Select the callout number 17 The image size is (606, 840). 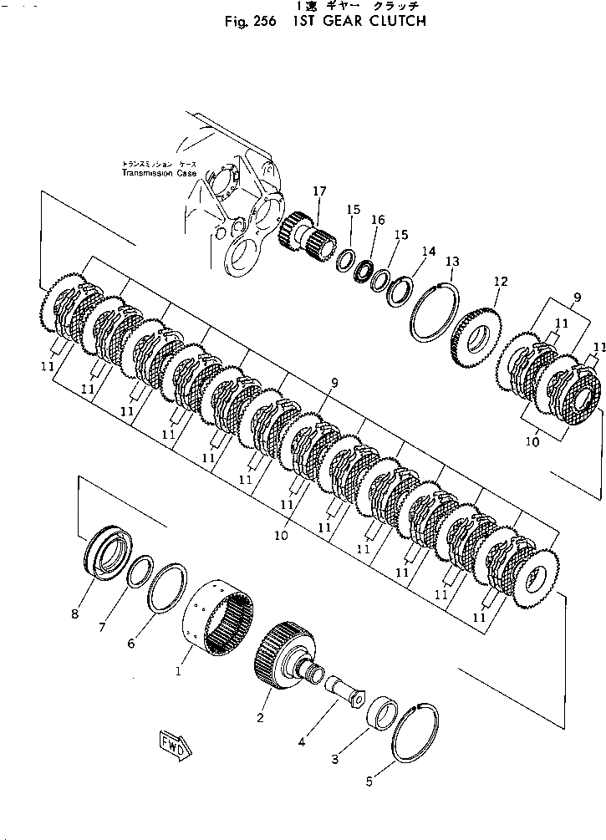[319, 191]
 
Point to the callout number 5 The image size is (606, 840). [369, 782]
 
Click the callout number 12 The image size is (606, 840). [501, 281]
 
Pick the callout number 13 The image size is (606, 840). [452, 262]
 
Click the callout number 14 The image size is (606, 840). [428, 251]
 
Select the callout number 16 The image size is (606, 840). [378, 220]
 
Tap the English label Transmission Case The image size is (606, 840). [159, 173]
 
